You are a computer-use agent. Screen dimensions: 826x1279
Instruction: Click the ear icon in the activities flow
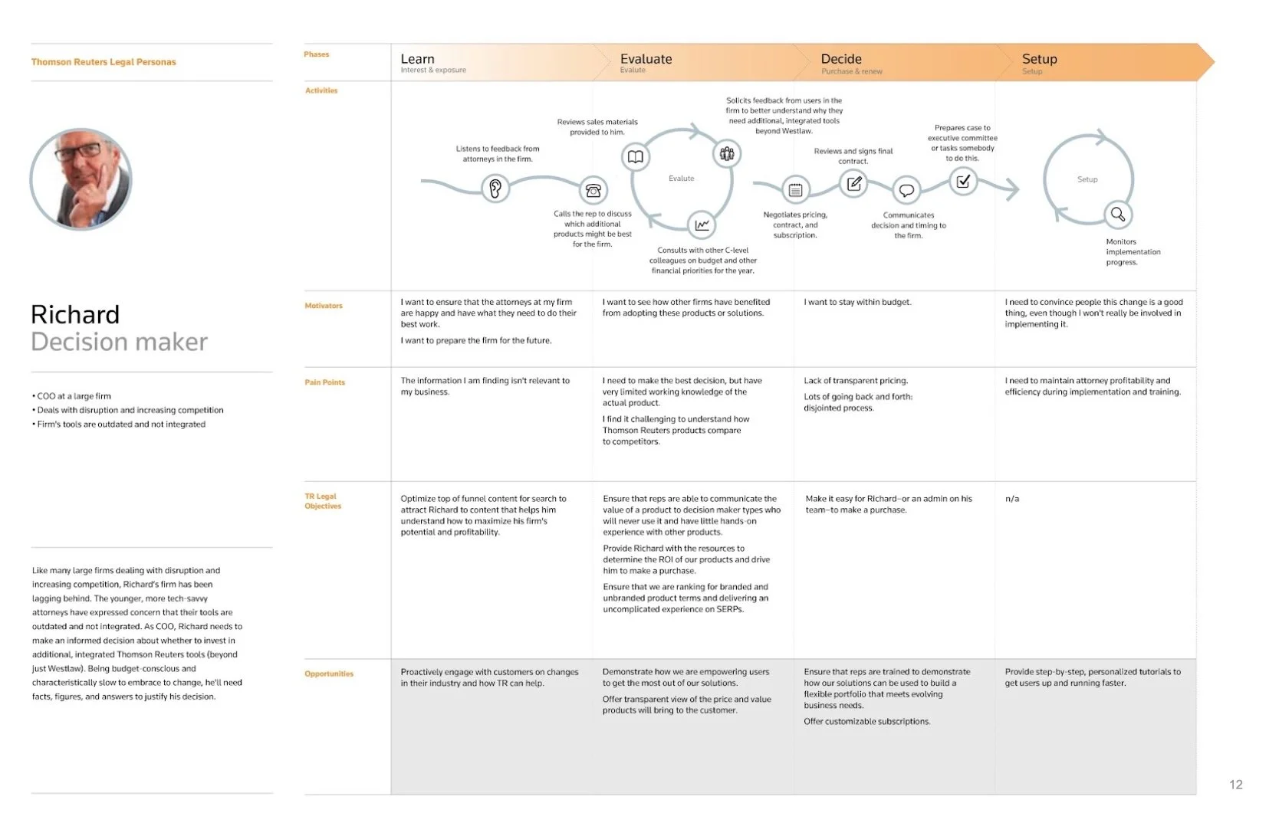coord(495,188)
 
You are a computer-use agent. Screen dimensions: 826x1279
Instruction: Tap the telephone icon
coord(593,189)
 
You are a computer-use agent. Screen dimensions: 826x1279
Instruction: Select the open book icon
coord(636,157)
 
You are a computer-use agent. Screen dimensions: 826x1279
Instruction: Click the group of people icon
coord(726,154)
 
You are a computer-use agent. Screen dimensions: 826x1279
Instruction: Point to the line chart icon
coord(702,225)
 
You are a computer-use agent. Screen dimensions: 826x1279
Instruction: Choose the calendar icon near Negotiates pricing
coord(795,189)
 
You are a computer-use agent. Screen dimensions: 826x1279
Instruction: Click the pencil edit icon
coord(853,183)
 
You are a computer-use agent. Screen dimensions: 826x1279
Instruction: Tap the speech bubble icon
coord(906,190)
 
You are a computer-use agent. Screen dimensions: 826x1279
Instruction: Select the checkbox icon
coord(963,182)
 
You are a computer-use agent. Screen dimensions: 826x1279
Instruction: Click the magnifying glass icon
coord(1118,215)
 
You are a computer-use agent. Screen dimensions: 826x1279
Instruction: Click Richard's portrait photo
coord(81,179)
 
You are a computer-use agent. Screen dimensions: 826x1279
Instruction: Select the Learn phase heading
coord(417,59)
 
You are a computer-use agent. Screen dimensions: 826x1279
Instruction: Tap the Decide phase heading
coord(841,59)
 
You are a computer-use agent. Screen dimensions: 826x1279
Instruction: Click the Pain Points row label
coord(324,382)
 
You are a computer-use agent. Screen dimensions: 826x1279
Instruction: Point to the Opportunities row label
coord(329,674)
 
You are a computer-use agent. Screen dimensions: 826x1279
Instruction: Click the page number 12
coord(1235,785)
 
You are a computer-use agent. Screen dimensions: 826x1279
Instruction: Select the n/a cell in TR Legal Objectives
coord(1012,499)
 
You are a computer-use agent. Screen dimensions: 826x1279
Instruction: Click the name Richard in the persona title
coord(75,315)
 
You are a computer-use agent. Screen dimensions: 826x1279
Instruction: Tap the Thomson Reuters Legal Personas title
coord(104,62)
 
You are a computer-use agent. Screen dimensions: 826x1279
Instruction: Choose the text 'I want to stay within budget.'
coord(857,302)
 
